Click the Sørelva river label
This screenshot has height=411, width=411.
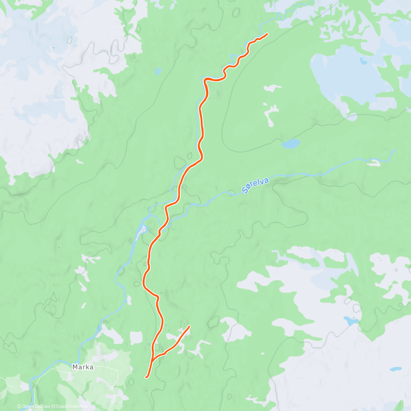click(x=255, y=185)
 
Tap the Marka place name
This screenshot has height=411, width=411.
click(x=83, y=367)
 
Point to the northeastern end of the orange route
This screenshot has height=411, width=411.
click(x=267, y=34)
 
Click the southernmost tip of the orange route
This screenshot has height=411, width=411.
click(x=146, y=377)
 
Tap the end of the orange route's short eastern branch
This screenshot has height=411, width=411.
click(x=189, y=327)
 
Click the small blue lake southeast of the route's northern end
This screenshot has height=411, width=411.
click(x=290, y=144)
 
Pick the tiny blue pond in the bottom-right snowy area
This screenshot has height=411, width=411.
click(x=396, y=369)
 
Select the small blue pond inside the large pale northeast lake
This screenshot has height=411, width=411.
click(x=363, y=62)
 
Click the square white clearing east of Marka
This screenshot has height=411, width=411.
click(x=136, y=338)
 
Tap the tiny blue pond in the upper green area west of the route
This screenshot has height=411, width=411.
click(x=158, y=71)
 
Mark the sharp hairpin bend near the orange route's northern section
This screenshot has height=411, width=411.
click(x=206, y=80)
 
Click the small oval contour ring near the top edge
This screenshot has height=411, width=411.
click(x=236, y=12)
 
